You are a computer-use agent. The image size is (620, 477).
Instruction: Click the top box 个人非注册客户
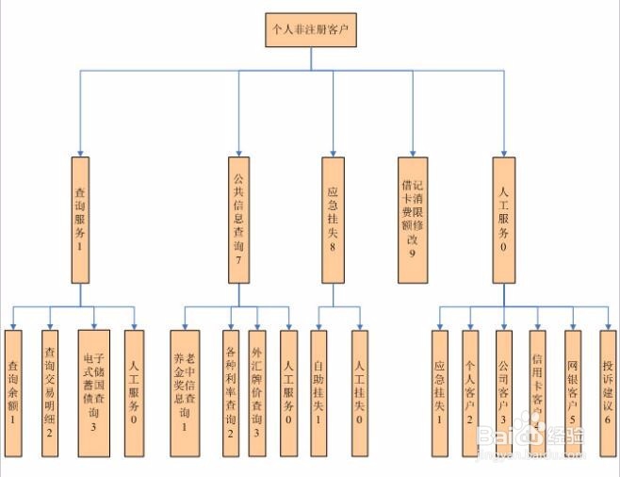click(x=311, y=31)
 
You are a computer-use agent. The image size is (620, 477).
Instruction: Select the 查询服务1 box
click(x=80, y=219)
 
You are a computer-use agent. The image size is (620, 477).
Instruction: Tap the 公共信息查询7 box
click(x=238, y=219)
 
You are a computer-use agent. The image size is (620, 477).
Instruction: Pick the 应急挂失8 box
click(x=332, y=219)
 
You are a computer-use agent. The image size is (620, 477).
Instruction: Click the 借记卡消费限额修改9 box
click(x=411, y=219)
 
